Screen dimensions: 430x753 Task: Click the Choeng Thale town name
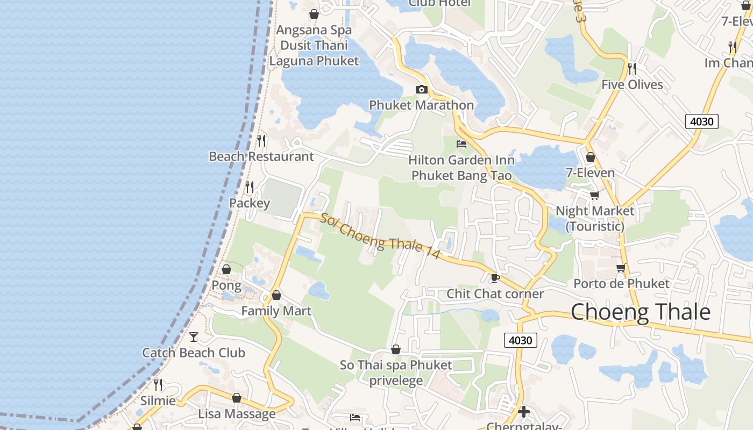click(x=640, y=312)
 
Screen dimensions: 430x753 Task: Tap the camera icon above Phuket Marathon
click(x=421, y=89)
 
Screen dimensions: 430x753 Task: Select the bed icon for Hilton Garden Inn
click(x=461, y=144)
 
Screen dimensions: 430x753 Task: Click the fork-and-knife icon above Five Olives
click(x=632, y=68)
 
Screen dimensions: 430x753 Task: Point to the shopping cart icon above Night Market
click(x=594, y=195)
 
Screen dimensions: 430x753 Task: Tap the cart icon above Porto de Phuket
click(x=621, y=268)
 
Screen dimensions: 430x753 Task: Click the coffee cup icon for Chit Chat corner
click(x=495, y=278)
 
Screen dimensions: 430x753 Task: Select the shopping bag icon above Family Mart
click(x=276, y=295)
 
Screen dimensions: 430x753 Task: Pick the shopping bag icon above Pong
click(x=226, y=269)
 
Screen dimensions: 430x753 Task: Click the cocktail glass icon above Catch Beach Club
click(x=194, y=337)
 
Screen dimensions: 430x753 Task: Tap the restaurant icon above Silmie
click(x=158, y=385)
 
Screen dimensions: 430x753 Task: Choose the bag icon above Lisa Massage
click(x=237, y=398)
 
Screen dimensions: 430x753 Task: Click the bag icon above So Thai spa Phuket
click(x=396, y=349)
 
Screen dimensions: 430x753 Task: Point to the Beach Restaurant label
click(x=261, y=156)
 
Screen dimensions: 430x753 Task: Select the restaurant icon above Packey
click(x=250, y=187)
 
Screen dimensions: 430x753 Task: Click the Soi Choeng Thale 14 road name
click(x=380, y=236)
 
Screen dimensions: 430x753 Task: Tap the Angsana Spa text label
click(x=314, y=30)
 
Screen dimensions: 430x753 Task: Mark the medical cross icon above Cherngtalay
click(x=524, y=412)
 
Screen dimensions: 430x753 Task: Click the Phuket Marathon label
click(x=421, y=105)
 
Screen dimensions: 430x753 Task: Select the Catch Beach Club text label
click(x=194, y=353)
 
